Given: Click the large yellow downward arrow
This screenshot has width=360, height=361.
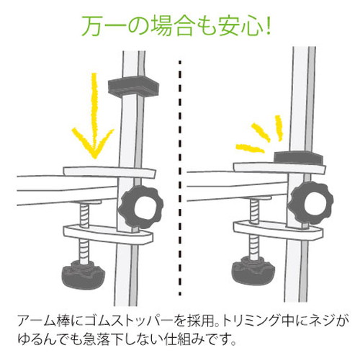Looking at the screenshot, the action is pyautogui.click(x=95, y=115).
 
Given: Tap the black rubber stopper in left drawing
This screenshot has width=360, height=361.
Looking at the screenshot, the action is pyautogui.click(x=133, y=86).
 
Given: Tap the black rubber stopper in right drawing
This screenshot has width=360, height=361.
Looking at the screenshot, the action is pyautogui.click(x=298, y=158).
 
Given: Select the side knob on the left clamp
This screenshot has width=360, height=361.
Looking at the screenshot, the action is pyautogui.click(x=141, y=207).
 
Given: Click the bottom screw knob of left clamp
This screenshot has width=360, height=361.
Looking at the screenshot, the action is pyautogui.click(x=84, y=275).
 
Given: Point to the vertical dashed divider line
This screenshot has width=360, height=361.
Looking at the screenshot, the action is pyautogui.click(x=180, y=178).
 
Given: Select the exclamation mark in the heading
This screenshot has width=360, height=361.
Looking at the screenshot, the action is pyautogui.click(x=268, y=26).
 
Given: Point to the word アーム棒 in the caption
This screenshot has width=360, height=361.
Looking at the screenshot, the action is pyautogui.click(x=44, y=321).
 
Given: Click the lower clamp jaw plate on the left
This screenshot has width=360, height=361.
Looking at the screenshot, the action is pyautogui.click(x=108, y=233).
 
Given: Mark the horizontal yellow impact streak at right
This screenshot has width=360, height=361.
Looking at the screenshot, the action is pyautogui.click(x=250, y=148).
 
